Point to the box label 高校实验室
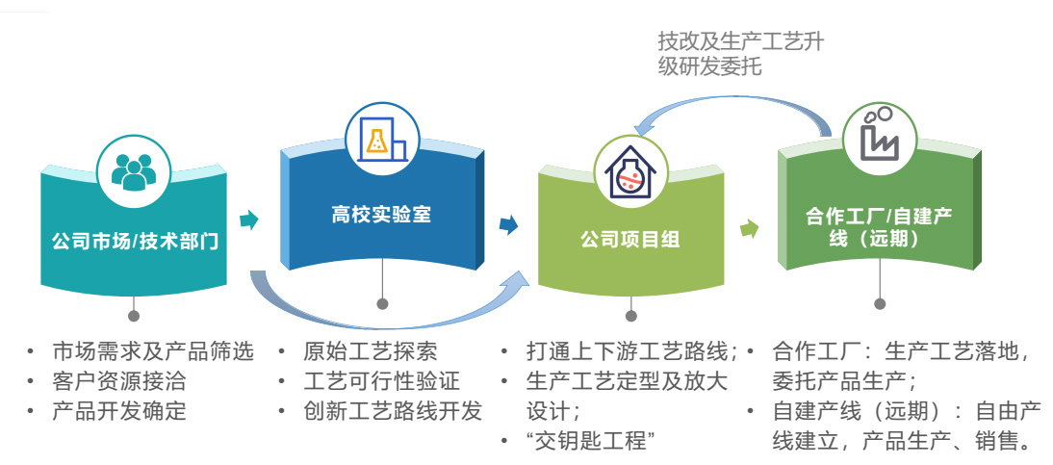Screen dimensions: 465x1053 pyautogui.click(x=382, y=215)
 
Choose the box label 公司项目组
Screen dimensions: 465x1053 pyautogui.click(x=630, y=240)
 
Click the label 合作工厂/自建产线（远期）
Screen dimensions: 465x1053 pyautogui.click(x=879, y=226)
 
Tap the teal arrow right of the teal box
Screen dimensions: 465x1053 pyautogui.click(x=249, y=220)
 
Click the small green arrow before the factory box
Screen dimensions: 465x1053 pyautogui.click(x=749, y=229)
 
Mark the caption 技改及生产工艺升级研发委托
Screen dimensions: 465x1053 pyautogui.click(x=740, y=54)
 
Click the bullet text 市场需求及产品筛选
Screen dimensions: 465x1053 pyautogui.click(x=152, y=351)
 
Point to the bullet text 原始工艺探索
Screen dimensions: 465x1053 pyautogui.click(x=370, y=351)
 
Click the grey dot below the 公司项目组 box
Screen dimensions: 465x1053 pyautogui.click(x=630, y=315)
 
